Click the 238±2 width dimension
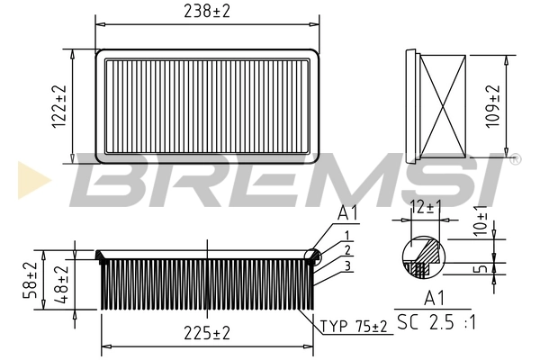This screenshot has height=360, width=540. tap(207, 13)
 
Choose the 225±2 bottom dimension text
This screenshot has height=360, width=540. tap(207, 333)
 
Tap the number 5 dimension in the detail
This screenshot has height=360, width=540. tap(483, 268)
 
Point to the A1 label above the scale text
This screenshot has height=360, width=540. tap(436, 298)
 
